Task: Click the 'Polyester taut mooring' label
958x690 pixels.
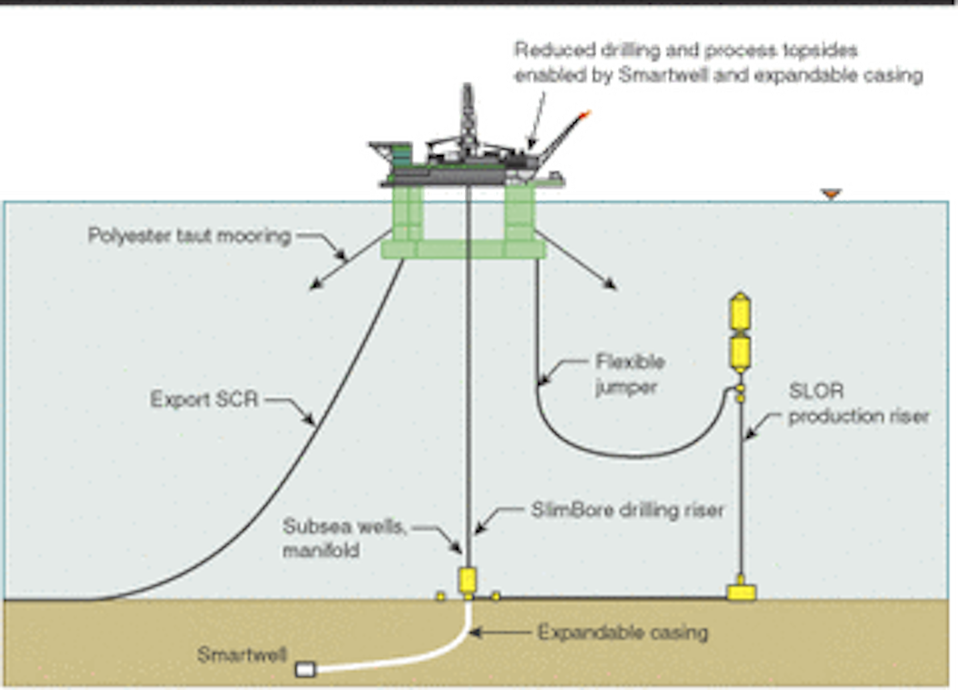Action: [190, 236]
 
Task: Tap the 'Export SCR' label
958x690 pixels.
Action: [204, 399]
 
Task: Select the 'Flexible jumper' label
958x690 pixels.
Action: [629, 374]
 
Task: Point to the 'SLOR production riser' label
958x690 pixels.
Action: [858, 403]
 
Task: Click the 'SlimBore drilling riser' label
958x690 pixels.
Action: [627, 510]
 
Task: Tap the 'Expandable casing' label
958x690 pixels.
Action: [622, 631]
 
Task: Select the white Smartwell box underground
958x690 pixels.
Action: [305, 669]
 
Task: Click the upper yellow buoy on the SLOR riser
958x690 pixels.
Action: [740, 313]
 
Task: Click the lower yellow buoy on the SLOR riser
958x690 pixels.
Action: [740, 353]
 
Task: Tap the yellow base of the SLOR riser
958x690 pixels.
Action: [740, 591]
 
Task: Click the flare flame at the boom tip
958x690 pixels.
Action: [585, 115]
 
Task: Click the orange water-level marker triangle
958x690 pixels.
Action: [830, 194]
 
